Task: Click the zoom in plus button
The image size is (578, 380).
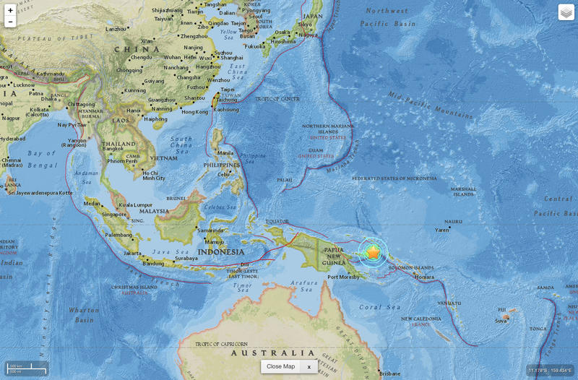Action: (10, 10)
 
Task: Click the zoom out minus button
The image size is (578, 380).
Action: (10, 22)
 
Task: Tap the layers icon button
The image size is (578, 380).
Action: (566, 12)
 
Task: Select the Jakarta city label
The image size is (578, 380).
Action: (132, 254)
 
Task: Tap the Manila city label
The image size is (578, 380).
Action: (225, 153)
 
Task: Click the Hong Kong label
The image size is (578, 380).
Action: (194, 112)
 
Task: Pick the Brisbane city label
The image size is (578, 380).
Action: (389, 373)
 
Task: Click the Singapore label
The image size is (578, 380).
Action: (114, 214)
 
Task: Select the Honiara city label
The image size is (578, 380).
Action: (424, 277)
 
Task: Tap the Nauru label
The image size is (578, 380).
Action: (453, 221)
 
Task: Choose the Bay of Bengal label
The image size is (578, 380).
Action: (32, 153)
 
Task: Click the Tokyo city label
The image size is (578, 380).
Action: (304, 24)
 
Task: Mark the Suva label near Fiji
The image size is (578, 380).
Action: (501, 321)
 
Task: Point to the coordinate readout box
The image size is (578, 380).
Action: (551, 370)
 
